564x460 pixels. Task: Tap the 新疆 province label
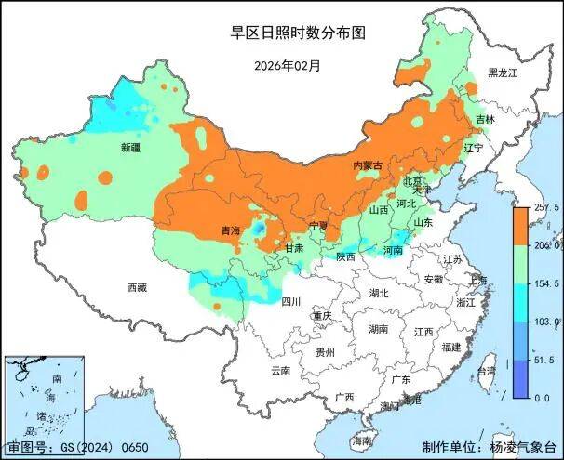coord(130,148)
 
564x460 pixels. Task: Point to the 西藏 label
coord(137,287)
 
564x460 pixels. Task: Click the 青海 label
coord(230,230)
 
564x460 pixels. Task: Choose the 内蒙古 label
coord(367,165)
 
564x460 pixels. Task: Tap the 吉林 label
coord(485,120)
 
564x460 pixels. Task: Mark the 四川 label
coord(291,301)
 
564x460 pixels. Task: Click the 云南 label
coord(280,370)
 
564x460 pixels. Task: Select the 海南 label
coord(362,440)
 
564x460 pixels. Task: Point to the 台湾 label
coord(486,371)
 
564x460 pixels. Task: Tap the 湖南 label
coord(378,329)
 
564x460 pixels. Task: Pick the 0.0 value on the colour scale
coord(542,397)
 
